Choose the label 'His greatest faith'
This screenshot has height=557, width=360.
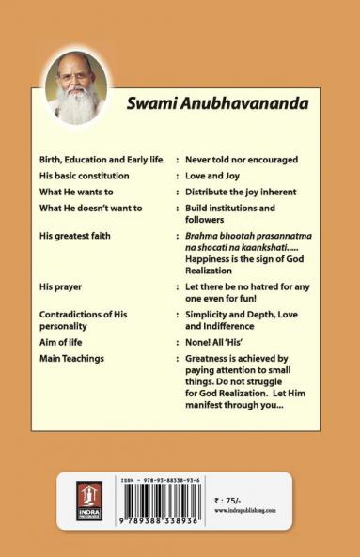point(81,228)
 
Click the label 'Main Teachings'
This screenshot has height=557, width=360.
point(72,358)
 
